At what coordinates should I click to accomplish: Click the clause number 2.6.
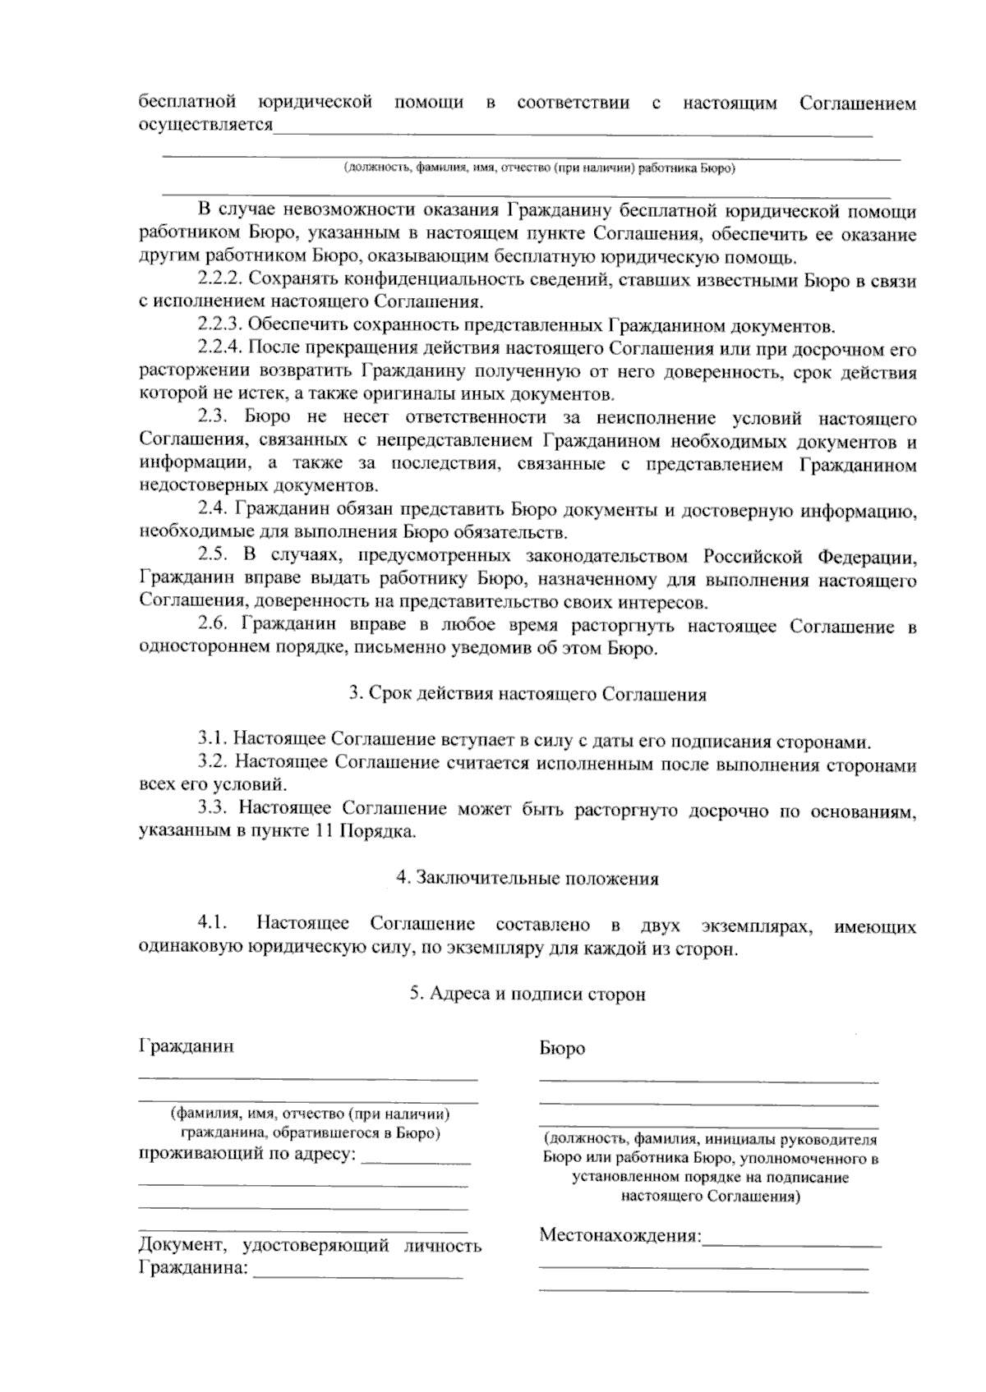pyautogui.click(x=214, y=626)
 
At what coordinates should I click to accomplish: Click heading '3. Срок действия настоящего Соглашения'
pyautogui.click(x=528, y=695)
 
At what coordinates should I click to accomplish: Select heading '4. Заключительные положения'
pyautogui.click(x=528, y=879)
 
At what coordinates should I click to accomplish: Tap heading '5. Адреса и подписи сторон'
pyautogui.click(x=528, y=995)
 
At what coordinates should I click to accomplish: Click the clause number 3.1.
pyautogui.click(x=214, y=741)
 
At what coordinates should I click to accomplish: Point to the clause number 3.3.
pyautogui.click(x=214, y=811)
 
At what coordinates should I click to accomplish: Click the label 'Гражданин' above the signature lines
pyautogui.click(x=186, y=1046)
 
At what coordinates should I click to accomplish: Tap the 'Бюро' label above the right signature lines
pyautogui.click(x=562, y=1049)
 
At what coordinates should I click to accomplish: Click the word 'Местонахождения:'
pyautogui.click(x=620, y=1235)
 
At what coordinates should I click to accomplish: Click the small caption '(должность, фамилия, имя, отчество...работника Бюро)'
pyautogui.click(x=539, y=168)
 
